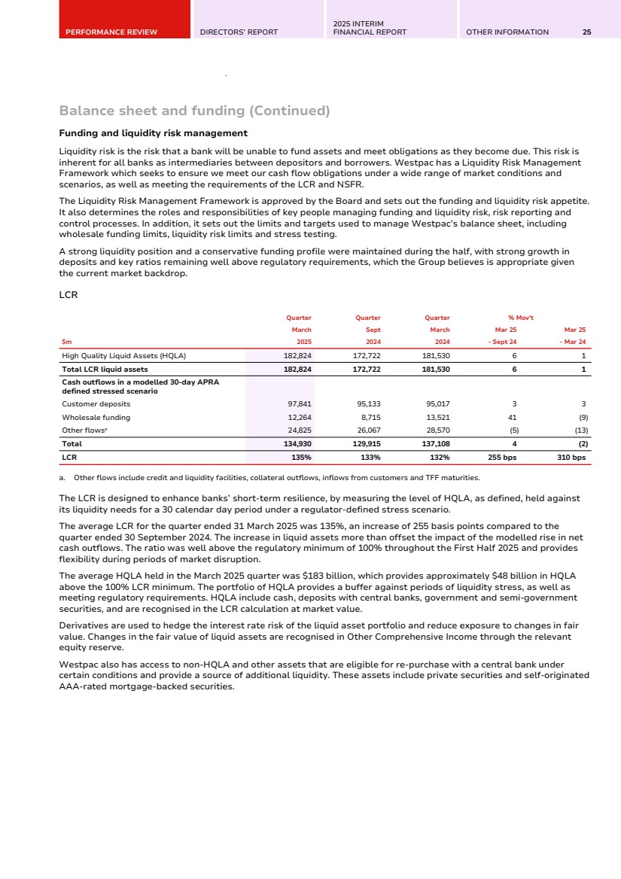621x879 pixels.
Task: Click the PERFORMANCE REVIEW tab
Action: click(111, 32)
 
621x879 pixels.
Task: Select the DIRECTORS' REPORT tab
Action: click(239, 32)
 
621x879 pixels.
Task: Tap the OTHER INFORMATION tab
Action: click(507, 32)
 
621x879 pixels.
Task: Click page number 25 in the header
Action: click(586, 32)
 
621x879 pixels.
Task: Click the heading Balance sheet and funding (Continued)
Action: click(194, 111)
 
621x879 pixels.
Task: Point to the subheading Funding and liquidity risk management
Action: click(154, 133)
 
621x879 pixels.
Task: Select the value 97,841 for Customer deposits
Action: click(300, 404)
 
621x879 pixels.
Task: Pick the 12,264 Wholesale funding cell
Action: click(300, 417)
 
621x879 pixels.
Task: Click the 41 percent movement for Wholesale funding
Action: click(513, 417)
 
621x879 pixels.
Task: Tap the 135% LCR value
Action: click(301, 457)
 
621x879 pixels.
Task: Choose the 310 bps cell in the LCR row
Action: click(571, 457)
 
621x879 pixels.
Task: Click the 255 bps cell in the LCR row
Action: click(501, 457)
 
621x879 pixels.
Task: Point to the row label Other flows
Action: click(85, 430)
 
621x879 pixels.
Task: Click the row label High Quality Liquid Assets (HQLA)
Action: click(123, 355)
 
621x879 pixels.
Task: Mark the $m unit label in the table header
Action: click(66, 342)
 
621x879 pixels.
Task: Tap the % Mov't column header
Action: click(521, 318)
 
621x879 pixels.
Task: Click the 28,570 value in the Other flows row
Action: click(438, 430)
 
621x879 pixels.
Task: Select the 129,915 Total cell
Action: click(367, 444)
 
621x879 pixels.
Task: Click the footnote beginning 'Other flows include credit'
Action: click(271, 477)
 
